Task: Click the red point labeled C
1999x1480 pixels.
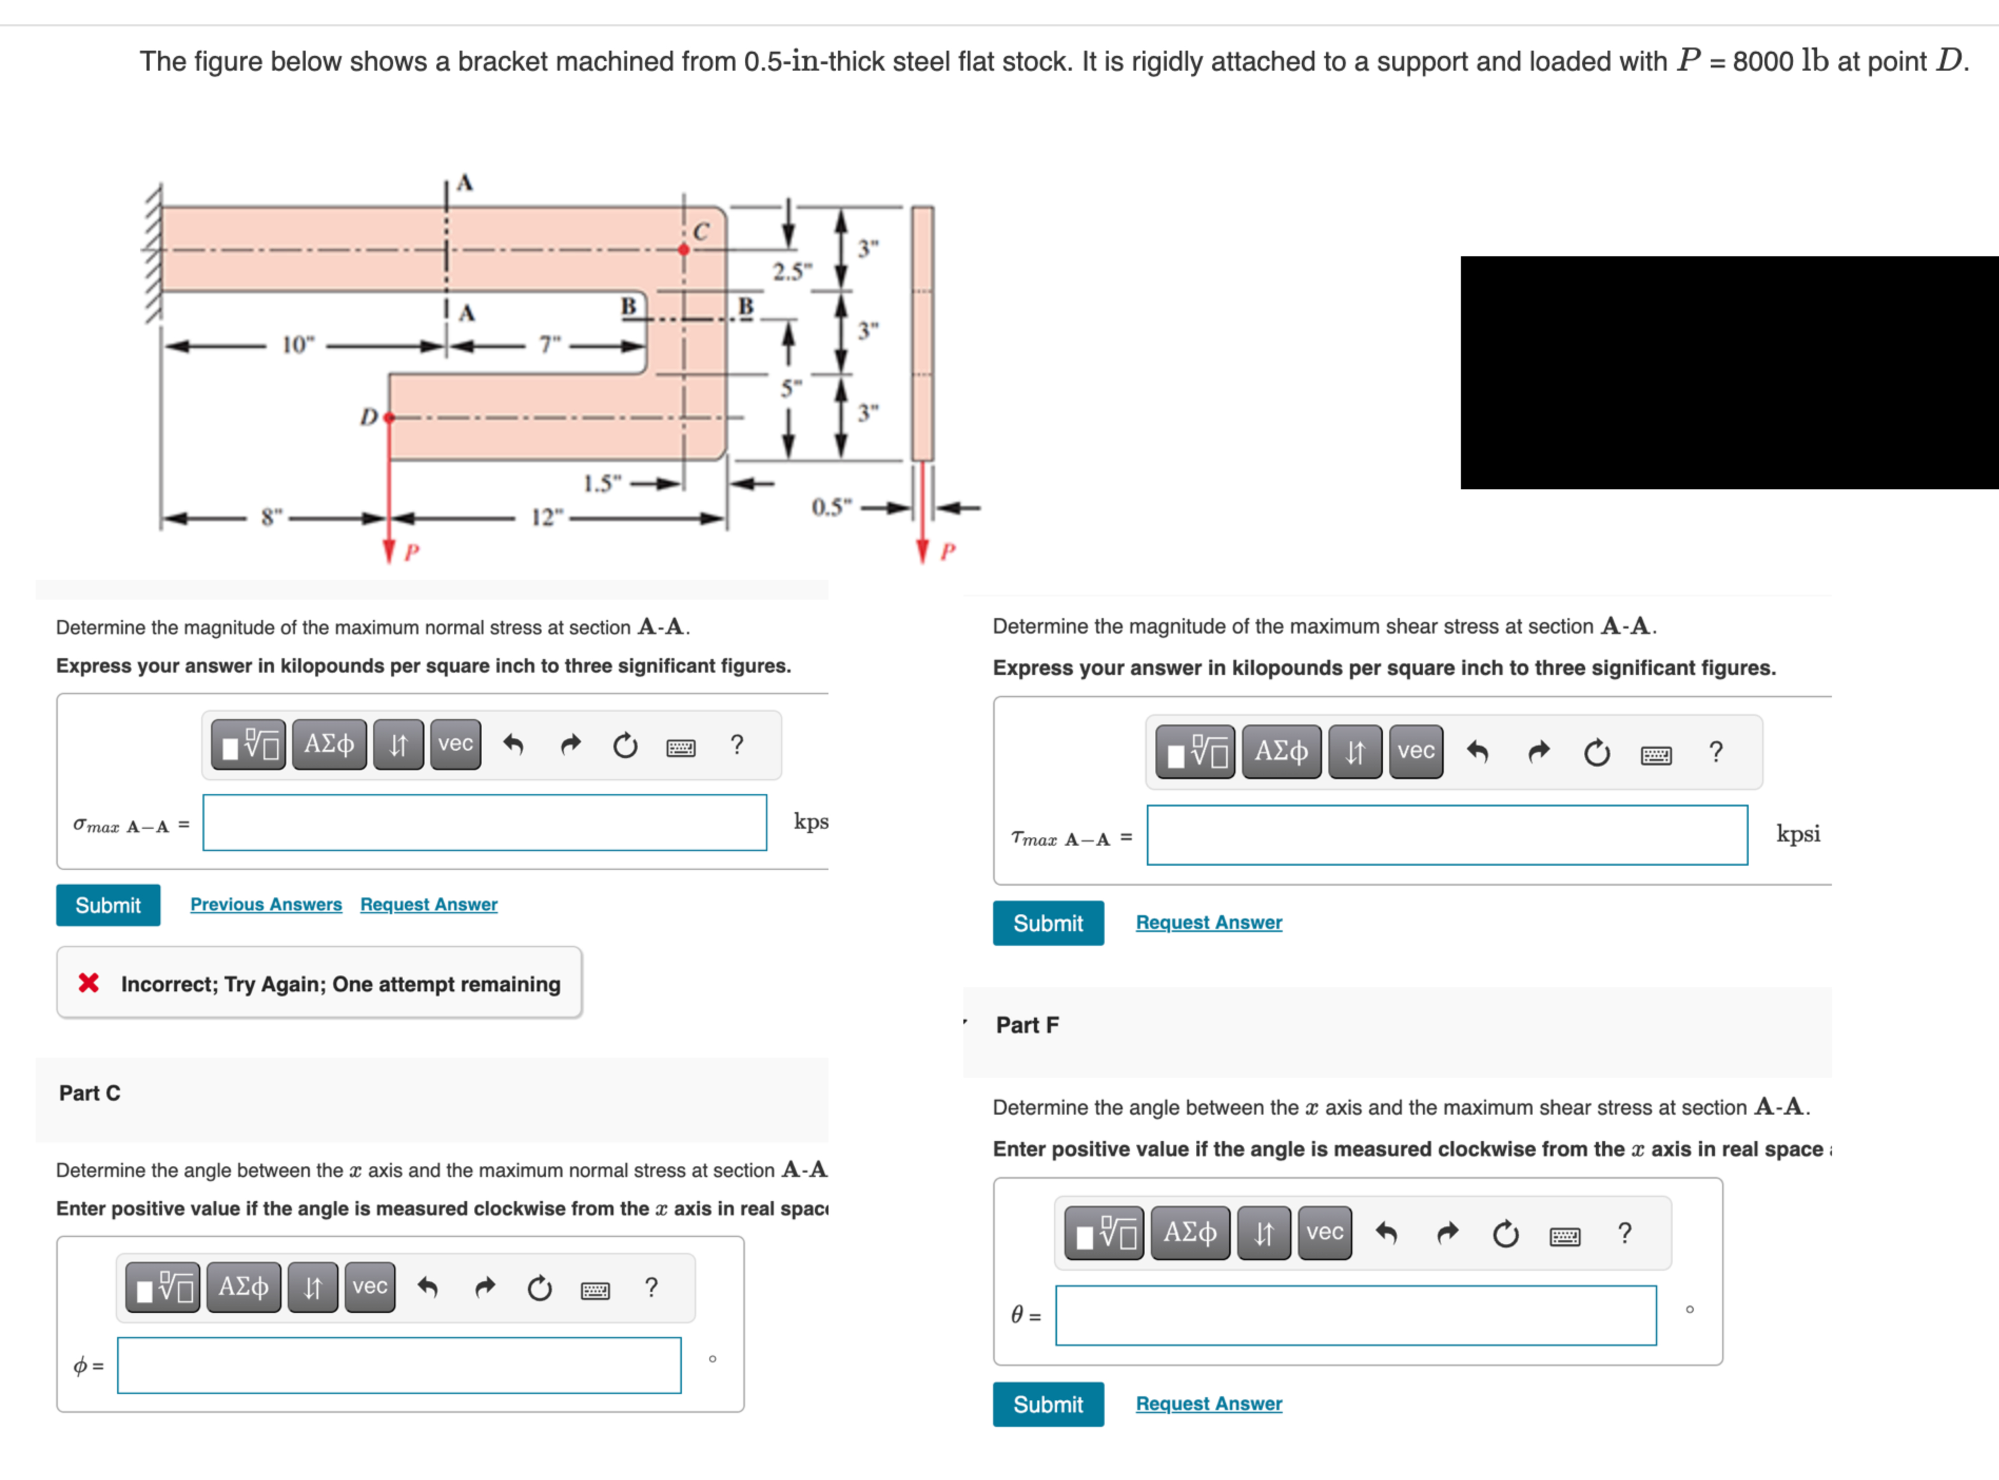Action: click(684, 250)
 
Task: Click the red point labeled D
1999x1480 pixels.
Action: click(389, 418)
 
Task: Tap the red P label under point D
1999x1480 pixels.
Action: click(411, 552)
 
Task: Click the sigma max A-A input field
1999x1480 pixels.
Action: click(484, 823)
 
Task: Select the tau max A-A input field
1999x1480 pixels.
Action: click(1446, 835)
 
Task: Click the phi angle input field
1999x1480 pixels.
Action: click(398, 1366)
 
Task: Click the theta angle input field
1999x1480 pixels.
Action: click(1355, 1315)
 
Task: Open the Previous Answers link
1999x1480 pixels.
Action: click(266, 905)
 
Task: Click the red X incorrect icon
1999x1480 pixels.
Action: click(89, 984)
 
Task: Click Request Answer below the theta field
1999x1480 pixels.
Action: click(1208, 1404)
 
